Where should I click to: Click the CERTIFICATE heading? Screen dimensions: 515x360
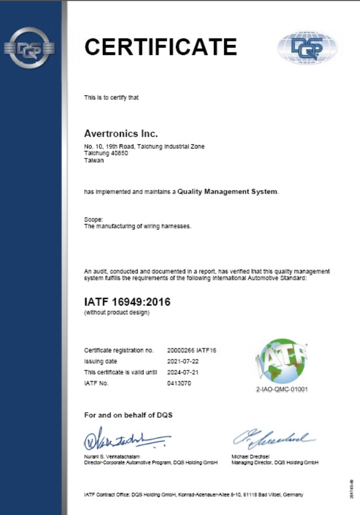(161, 46)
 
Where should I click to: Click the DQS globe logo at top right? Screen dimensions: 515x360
(307, 47)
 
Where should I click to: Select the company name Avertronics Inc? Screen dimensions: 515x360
(121, 134)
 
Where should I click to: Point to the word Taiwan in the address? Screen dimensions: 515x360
(94, 161)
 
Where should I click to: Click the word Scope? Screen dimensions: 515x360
(94, 219)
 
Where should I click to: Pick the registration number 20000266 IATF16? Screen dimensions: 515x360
(191, 350)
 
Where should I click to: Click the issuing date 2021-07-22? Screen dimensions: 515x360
(182, 361)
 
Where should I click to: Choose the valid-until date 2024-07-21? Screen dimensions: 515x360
(182, 372)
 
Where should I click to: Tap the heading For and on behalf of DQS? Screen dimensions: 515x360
(129, 415)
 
